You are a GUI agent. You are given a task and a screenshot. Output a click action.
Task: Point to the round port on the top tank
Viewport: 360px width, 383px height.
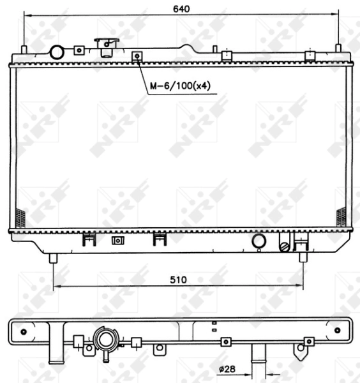[x=57, y=52]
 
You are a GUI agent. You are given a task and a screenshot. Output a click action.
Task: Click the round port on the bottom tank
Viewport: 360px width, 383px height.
[x=259, y=241]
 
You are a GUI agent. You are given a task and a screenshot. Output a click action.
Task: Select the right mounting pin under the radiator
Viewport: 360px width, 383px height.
[x=303, y=257]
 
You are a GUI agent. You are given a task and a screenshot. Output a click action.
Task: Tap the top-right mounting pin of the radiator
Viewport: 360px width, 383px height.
[x=338, y=50]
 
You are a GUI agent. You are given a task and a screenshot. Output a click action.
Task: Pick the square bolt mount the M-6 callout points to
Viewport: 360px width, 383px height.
[x=136, y=57]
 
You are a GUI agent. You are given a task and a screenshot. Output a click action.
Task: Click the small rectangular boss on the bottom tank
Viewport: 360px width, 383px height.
[x=117, y=241]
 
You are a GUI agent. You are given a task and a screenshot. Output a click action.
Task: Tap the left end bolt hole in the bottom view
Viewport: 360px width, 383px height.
[x=24, y=331]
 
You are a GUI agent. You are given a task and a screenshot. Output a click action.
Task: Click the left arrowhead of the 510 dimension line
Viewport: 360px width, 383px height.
[x=57, y=287]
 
